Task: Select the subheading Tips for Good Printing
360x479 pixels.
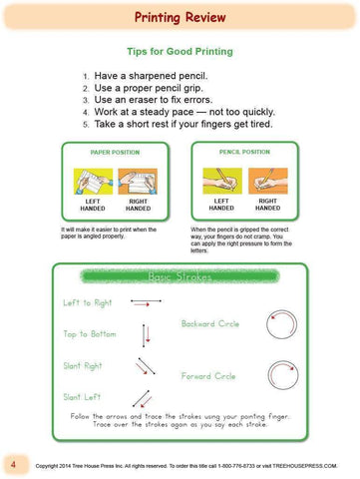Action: [180, 49]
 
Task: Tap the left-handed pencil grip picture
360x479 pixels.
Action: [221, 181]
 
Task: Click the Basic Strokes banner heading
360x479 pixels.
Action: [180, 275]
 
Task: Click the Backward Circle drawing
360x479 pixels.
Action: [280, 322]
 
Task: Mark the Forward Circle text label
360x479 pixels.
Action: [208, 376]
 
